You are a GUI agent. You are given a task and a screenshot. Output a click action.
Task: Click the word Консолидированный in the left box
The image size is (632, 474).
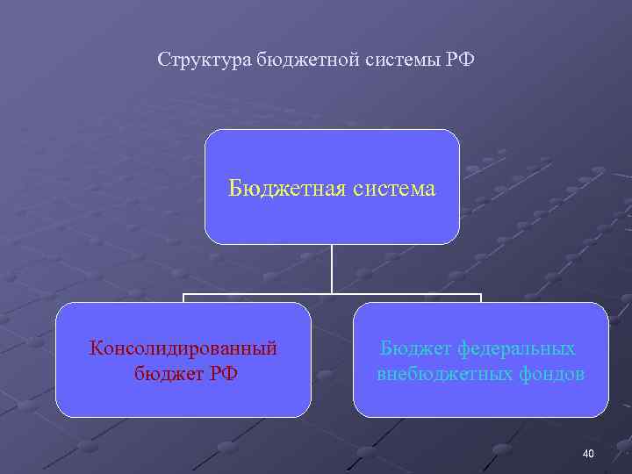(183, 348)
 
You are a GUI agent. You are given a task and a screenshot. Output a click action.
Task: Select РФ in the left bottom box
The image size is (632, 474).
(222, 374)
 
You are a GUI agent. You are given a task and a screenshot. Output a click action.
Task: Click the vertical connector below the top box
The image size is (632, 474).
(332, 268)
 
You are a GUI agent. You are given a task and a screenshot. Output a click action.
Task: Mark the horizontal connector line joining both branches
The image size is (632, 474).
(263, 294)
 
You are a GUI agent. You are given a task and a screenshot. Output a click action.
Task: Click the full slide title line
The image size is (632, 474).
(317, 61)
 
